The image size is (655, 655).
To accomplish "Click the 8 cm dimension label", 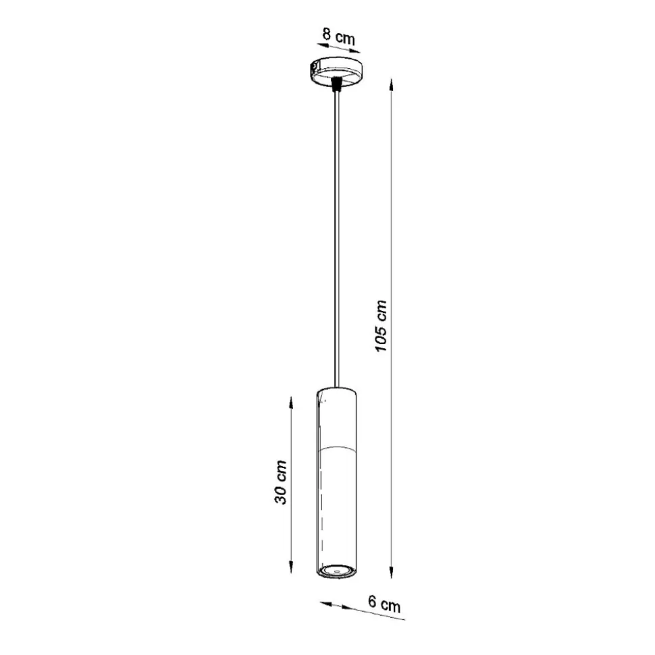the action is (x=339, y=36).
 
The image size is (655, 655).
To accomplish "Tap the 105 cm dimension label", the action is (x=381, y=326).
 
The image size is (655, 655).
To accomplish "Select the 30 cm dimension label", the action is (x=281, y=482).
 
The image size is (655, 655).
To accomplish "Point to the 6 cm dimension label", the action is (x=384, y=604).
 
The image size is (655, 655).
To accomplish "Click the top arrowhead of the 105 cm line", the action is (x=392, y=85).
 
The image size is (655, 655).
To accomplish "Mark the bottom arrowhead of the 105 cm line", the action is (x=392, y=572).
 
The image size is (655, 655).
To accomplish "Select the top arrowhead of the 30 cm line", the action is (x=291, y=403).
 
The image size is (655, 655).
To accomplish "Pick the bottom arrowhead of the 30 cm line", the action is (x=291, y=567).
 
